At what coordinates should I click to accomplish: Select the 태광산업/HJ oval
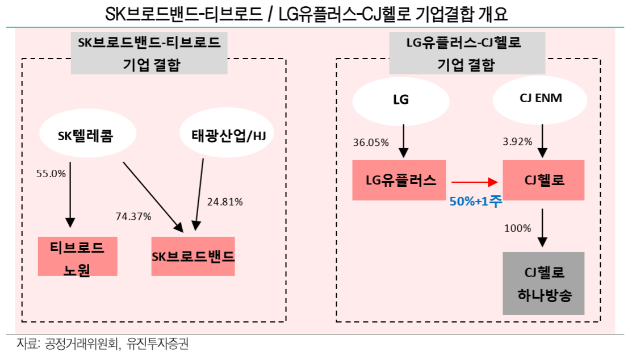[225, 136]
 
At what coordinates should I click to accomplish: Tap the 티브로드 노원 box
[77, 256]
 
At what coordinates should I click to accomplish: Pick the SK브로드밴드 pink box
[193, 256]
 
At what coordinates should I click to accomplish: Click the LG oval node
[401, 99]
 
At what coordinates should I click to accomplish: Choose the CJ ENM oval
[540, 98]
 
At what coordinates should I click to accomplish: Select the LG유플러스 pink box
[399, 181]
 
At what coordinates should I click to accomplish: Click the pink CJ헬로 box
[543, 181]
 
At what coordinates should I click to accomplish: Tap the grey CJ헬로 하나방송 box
[543, 283]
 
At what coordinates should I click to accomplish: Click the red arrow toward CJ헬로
[474, 182]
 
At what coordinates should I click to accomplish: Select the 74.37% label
[133, 216]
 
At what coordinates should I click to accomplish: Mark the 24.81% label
[225, 202]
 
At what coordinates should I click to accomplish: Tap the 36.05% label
[371, 143]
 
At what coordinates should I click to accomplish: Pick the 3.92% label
[518, 143]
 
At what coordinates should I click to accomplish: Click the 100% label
[518, 228]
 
